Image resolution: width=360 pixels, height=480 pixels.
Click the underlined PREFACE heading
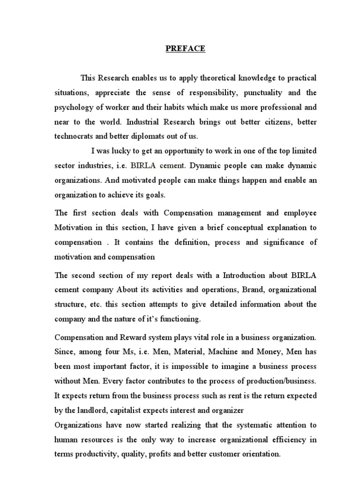[185, 49]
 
